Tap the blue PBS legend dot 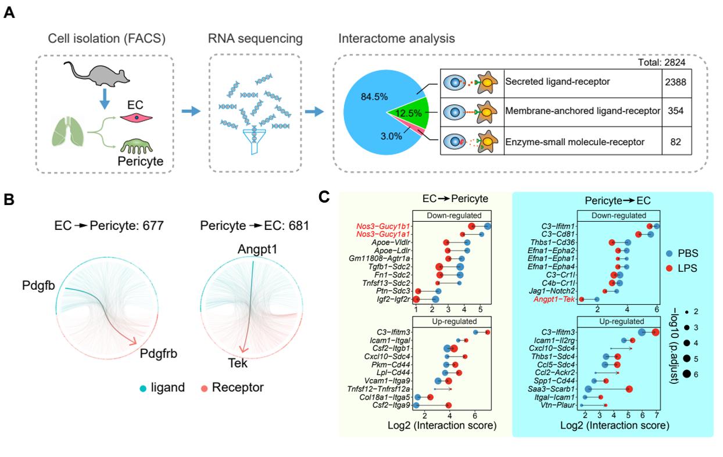click(671, 253)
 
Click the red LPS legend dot click(671, 268)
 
